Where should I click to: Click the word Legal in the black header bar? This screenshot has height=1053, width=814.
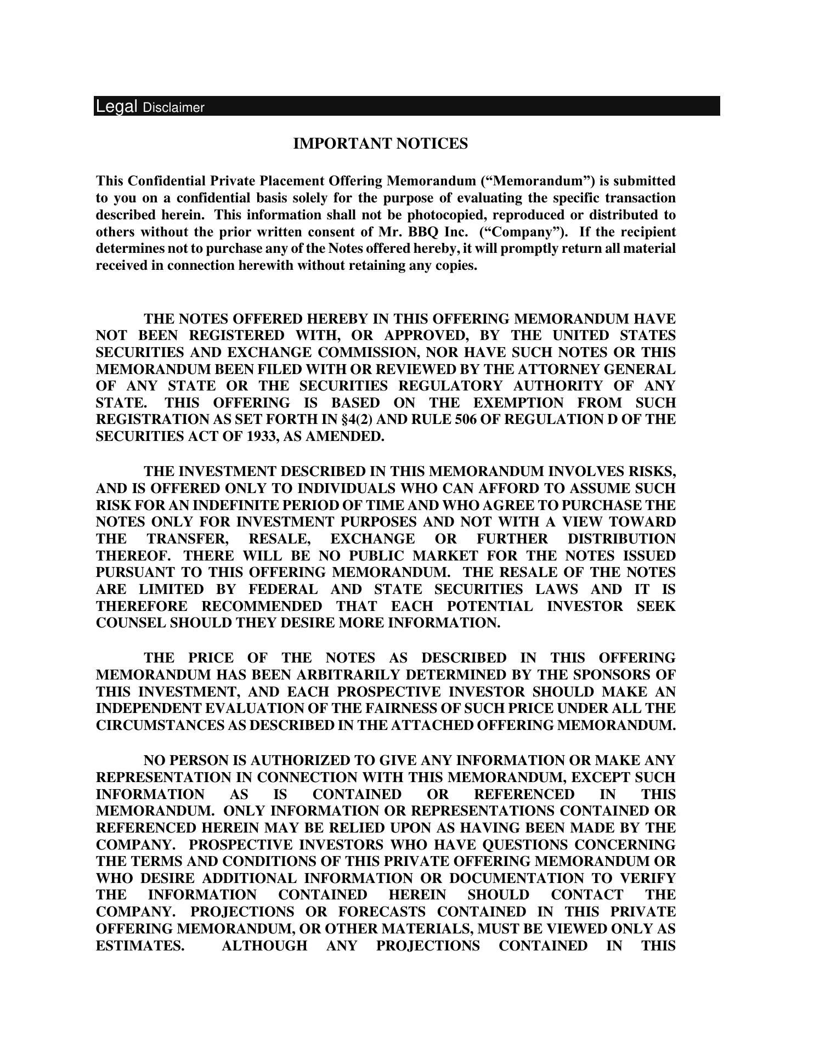(116, 106)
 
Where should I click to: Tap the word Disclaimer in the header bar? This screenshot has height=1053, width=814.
(173, 107)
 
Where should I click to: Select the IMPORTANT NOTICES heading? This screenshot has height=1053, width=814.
(380, 144)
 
